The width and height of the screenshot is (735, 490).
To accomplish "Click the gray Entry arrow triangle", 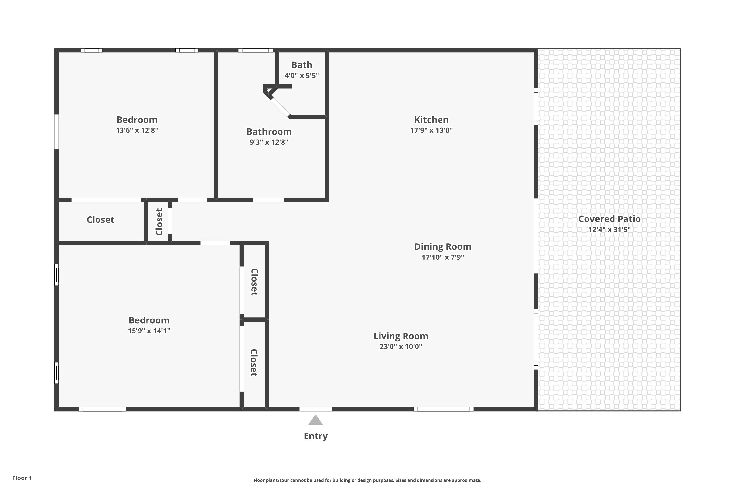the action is [316, 421].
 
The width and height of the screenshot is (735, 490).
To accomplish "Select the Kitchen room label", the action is [431, 120].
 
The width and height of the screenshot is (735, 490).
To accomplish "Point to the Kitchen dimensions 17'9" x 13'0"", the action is [431, 130].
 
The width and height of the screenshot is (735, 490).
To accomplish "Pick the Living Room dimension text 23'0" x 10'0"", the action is [401, 347].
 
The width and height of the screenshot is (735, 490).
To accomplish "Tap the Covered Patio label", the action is [609, 219].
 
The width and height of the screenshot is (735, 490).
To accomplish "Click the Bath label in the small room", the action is [302, 65].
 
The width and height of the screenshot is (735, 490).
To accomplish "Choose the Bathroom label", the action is [269, 132].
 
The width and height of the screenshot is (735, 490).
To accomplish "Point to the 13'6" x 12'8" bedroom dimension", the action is [137, 130].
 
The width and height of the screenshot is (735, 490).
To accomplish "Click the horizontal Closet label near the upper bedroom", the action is [100, 220].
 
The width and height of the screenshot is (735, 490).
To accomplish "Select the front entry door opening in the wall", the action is [316, 409].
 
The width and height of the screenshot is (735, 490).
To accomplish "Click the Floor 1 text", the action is [22, 478].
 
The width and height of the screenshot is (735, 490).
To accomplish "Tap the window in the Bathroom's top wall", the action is [255, 50].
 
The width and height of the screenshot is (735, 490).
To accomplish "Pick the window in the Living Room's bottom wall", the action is [443, 409].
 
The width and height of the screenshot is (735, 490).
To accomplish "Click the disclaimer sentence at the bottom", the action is [367, 480].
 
